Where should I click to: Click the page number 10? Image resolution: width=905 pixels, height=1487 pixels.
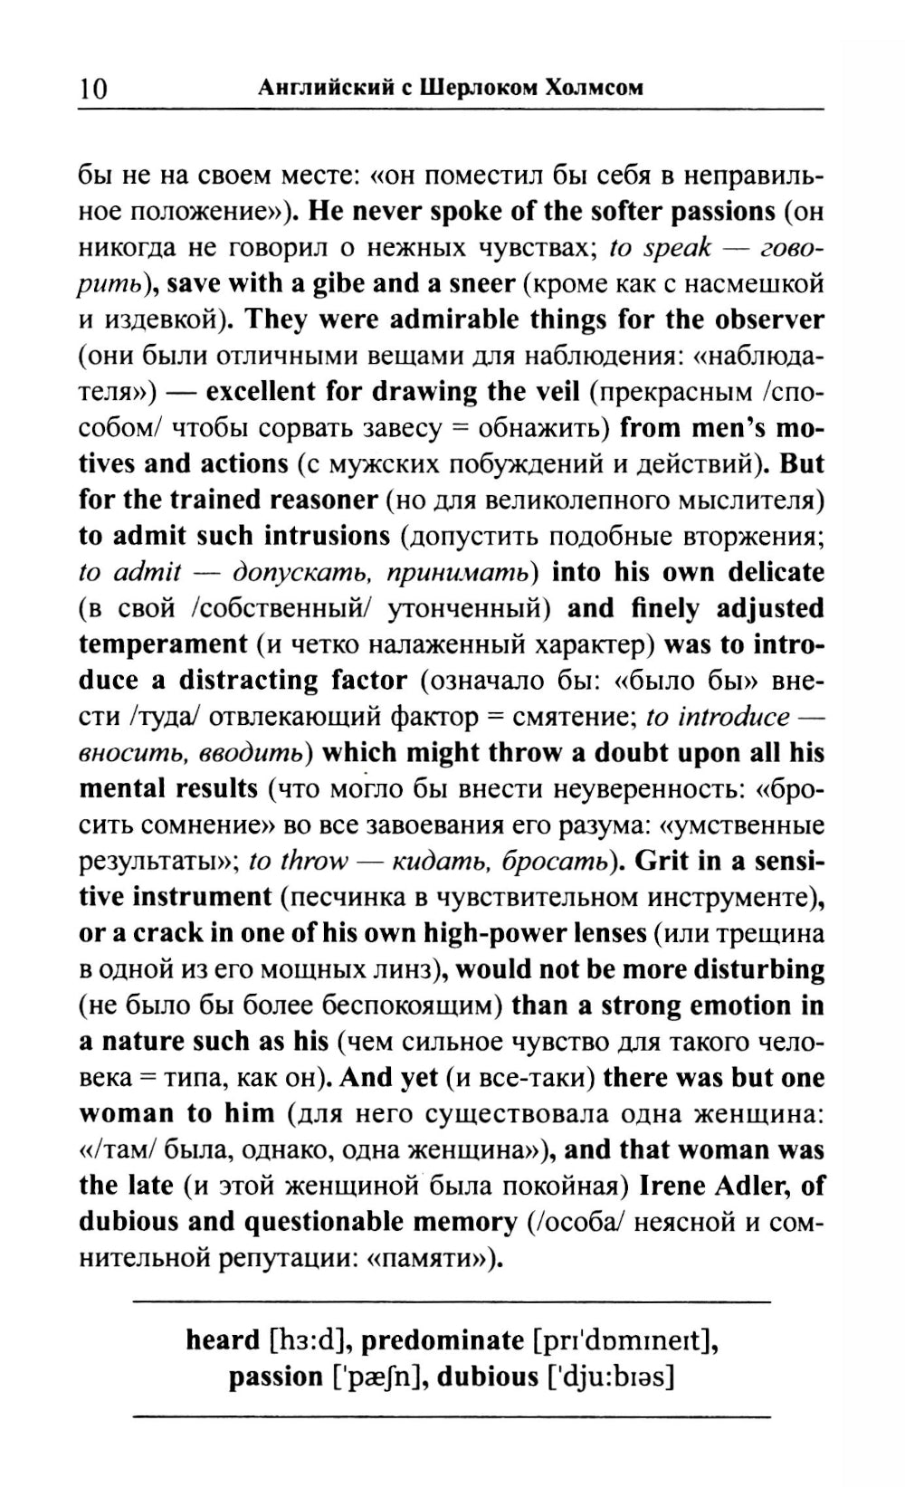coord(92,88)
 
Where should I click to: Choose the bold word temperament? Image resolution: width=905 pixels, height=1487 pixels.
coord(163,644)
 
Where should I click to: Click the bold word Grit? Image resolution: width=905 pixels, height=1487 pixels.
coord(662,861)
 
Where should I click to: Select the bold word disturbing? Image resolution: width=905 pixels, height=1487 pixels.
coord(758,969)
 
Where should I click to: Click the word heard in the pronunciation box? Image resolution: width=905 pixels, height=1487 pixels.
coord(222,1339)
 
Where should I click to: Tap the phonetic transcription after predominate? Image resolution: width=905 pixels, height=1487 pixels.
coord(624,1339)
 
